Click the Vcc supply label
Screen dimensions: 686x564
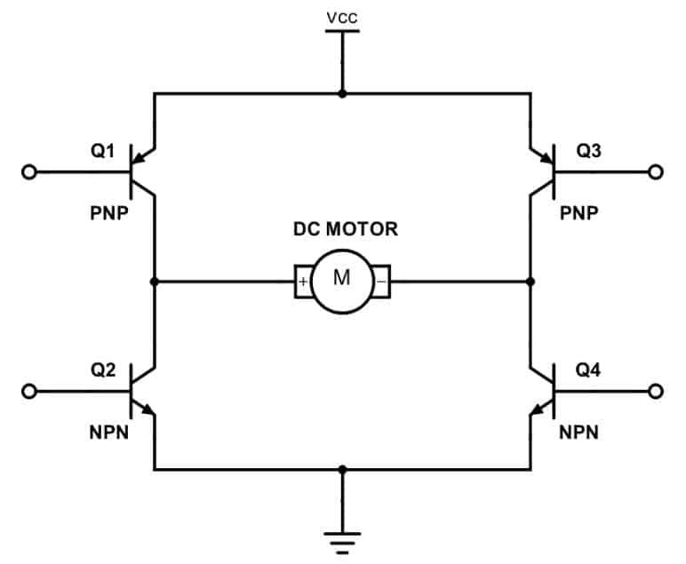(x=342, y=18)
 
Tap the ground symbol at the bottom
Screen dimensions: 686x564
(x=343, y=543)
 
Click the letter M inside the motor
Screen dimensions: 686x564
(x=342, y=278)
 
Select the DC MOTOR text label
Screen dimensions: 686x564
(x=346, y=229)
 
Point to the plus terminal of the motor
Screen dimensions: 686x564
(x=303, y=282)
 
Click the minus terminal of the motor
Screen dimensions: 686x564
(x=382, y=282)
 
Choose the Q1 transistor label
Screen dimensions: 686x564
(x=102, y=151)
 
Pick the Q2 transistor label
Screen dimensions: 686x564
(x=103, y=369)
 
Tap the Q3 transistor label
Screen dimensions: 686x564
(x=588, y=151)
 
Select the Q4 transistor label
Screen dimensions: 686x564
(x=588, y=369)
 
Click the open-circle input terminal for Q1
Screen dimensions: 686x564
(x=28, y=172)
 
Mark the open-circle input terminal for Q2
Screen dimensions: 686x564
(x=28, y=392)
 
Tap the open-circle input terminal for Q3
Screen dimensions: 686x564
(x=656, y=172)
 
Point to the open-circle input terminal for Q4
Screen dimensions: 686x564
(x=656, y=392)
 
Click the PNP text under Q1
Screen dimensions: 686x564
(x=109, y=213)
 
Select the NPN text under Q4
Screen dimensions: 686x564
(x=578, y=433)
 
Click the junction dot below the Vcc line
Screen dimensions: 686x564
(x=343, y=93)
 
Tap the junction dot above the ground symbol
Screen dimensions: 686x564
(x=343, y=470)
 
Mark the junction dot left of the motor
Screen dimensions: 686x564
(x=154, y=282)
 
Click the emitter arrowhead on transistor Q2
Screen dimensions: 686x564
(x=148, y=409)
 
